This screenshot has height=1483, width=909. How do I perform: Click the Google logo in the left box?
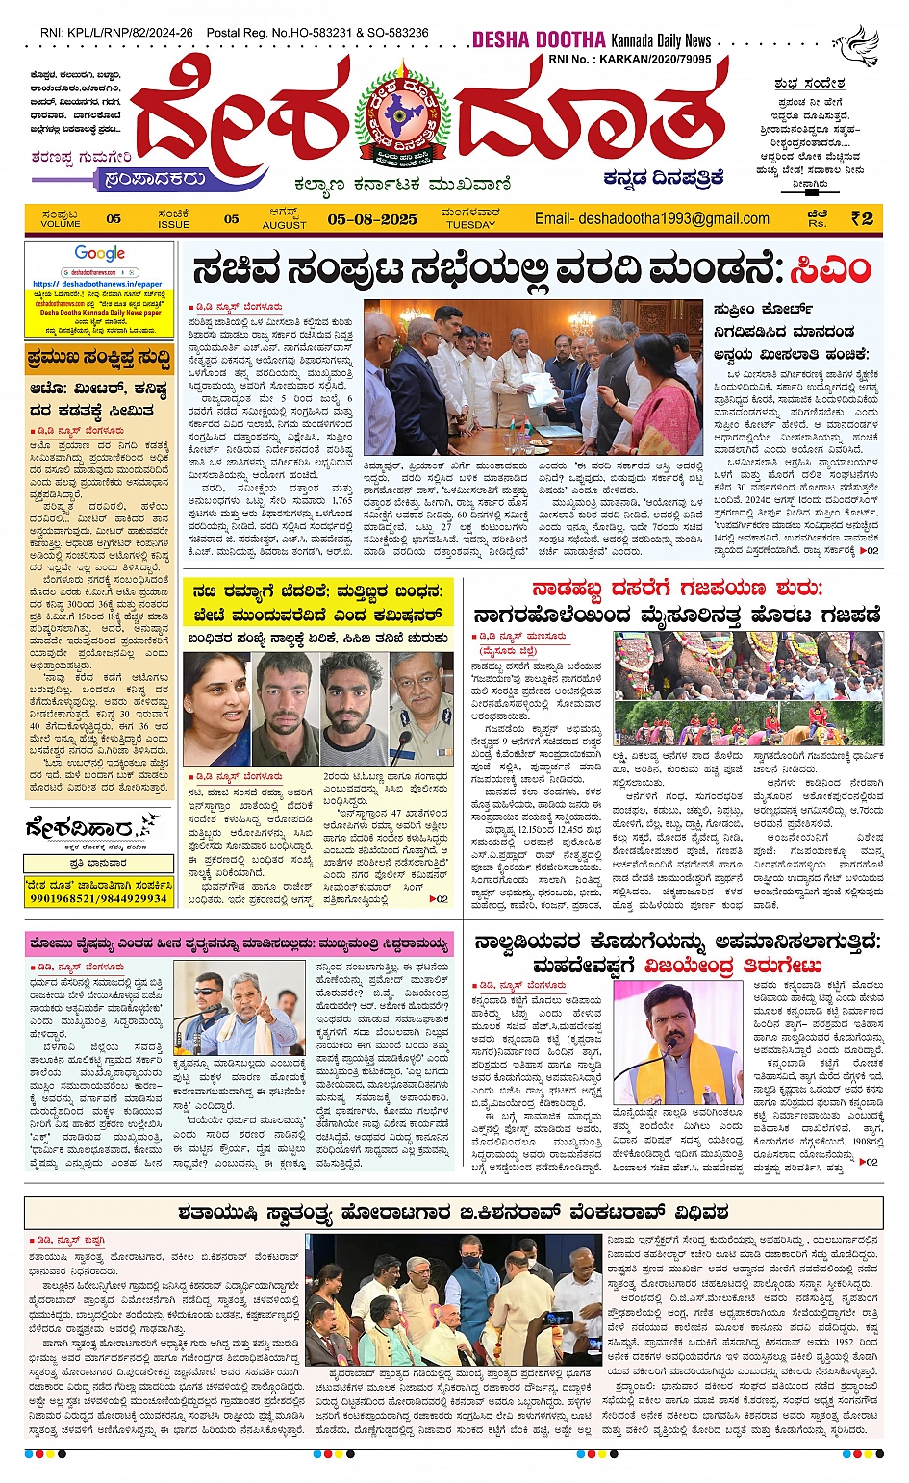pos(100,254)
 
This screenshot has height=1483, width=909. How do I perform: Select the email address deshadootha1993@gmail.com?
pos(652,218)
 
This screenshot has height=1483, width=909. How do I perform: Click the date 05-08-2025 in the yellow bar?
pos(372,218)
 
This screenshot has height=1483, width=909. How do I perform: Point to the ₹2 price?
pos(862,218)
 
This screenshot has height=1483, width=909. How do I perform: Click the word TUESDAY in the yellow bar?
pos(470,225)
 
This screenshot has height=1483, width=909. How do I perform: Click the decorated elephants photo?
pos(748,689)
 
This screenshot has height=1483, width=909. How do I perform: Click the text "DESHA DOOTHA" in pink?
pos(538,40)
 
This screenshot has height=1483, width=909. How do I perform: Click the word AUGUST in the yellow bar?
pos(284,225)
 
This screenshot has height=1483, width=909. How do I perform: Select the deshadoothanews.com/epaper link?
pos(97,284)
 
